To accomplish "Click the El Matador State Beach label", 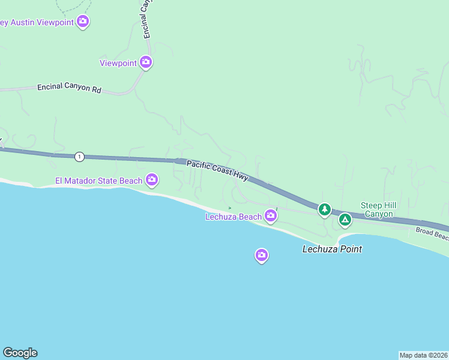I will pos(98,181).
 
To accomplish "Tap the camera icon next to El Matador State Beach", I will pos(152,179).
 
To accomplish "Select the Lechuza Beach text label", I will pos(234,217).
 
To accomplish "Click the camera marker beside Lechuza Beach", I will pos(271,215).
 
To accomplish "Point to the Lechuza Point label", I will pos(332,249).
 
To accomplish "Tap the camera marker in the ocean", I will pos(261,255).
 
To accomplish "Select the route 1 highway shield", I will pos(79,157).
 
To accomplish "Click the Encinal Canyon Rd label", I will pos(69,88).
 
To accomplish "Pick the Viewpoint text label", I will pos(119,63).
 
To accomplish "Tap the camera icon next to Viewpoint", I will pos(145,61).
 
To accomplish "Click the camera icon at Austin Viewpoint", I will pos(83,22).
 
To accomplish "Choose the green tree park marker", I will pos(325,209).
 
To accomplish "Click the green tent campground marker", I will pos(345,220).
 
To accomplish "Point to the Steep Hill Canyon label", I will pos(377,209).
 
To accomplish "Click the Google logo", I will pos(20,353).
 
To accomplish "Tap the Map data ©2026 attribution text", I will pos(423,355).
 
